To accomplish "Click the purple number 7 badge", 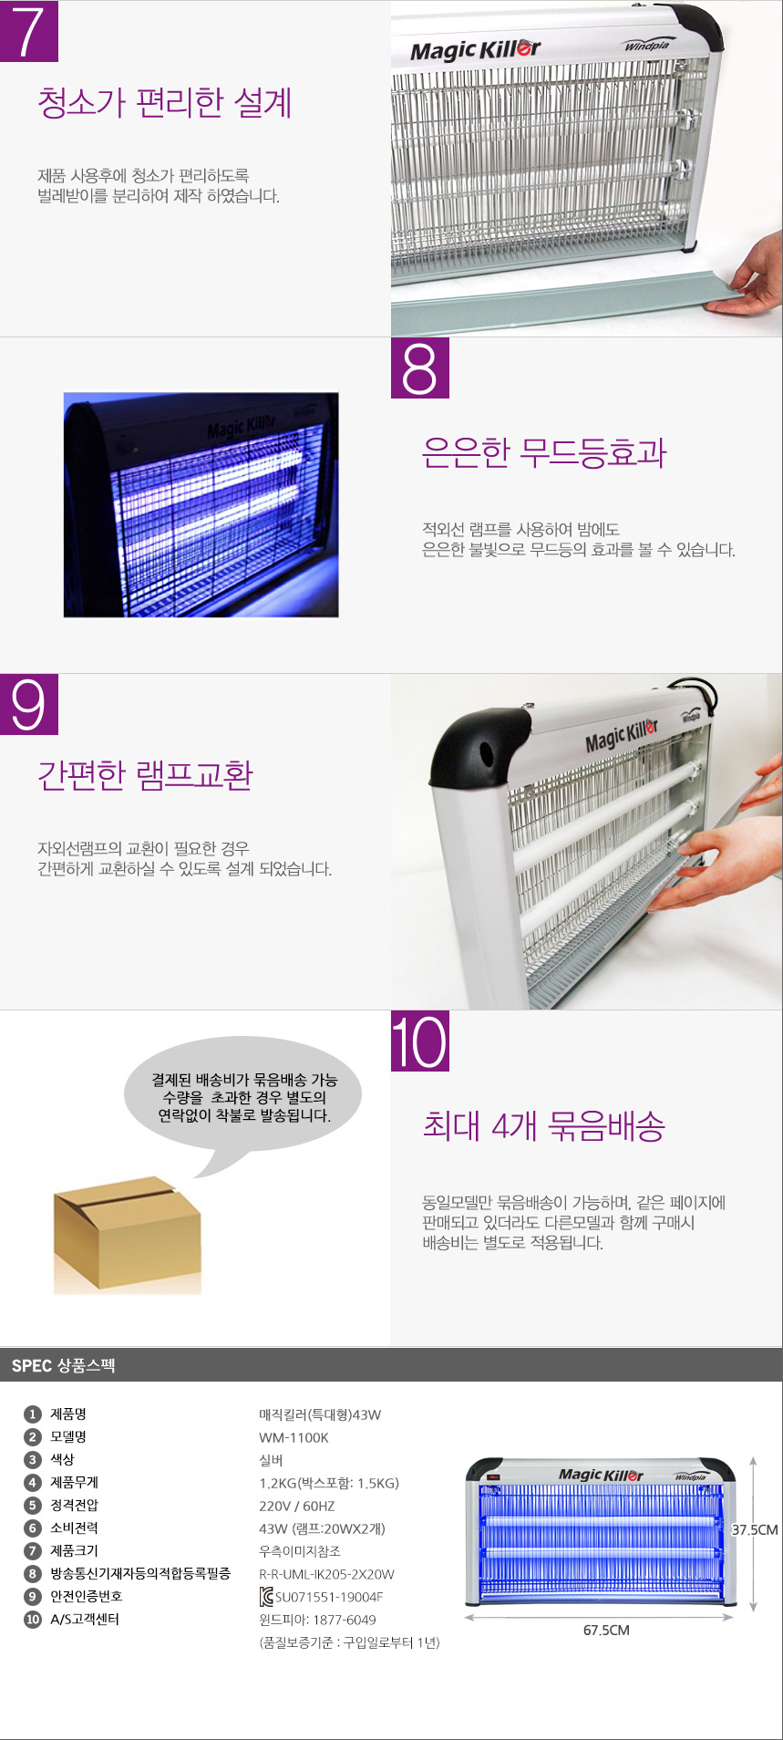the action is [29, 31].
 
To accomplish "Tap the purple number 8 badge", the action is [420, 368].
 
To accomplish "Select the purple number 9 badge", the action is [29, 704].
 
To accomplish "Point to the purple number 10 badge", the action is [420, 1041].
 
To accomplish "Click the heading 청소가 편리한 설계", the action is [165, 102].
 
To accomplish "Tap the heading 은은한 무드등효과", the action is [544, 452].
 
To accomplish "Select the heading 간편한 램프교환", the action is [145, 775].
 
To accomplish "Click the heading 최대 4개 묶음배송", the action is [544, 1126].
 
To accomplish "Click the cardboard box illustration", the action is [128, 1233].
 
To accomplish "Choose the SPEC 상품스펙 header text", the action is [64, 1365].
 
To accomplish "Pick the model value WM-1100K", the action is [294, 1437].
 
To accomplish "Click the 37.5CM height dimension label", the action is [755, 1529].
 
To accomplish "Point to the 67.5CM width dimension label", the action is [606, 1630].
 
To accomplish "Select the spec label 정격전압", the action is [74, 1505].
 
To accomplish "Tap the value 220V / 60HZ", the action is [297, 1506].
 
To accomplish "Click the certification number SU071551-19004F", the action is [329, 1597].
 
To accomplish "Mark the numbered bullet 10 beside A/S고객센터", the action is [33, 1619].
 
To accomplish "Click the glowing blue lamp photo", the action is [201, 505].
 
